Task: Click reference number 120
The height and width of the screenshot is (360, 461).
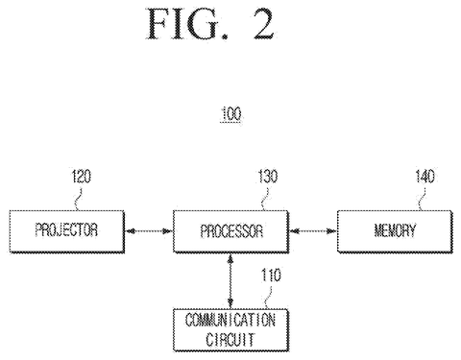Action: (82, 177)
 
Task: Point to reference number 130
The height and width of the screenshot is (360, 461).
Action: (268, 177)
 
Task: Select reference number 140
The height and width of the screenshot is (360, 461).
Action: (425, 177)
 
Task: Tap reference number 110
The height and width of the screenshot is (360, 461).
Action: (271, 276)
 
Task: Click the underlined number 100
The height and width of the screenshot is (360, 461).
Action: (230, 114)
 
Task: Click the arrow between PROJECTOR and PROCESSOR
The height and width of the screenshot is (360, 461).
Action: (149, 230)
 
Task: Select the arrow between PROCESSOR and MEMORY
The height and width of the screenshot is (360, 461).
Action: (313, 230)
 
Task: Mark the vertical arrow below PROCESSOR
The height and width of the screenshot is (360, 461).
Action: (230, 281)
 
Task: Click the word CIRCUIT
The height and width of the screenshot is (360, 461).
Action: (230, 340)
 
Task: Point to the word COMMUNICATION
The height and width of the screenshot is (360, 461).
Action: (230, 320)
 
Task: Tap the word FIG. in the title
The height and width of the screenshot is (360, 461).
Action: (188, 24)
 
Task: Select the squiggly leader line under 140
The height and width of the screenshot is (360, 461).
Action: (423, 199)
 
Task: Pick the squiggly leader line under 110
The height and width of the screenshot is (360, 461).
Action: (268, 298)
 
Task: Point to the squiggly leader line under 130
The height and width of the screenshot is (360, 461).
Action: (265, 199)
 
